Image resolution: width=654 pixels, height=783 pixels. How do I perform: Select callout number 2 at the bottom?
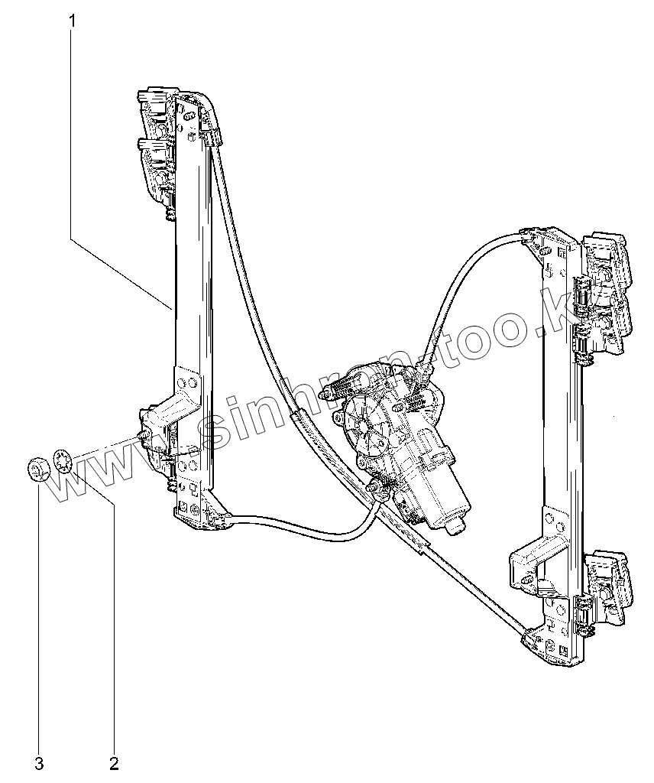[114, 762]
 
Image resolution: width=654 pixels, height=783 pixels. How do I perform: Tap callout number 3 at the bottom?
[38, 762]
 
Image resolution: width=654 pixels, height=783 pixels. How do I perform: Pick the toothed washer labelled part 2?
[64, 460]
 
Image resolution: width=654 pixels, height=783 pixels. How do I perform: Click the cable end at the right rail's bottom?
[532, 635]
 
